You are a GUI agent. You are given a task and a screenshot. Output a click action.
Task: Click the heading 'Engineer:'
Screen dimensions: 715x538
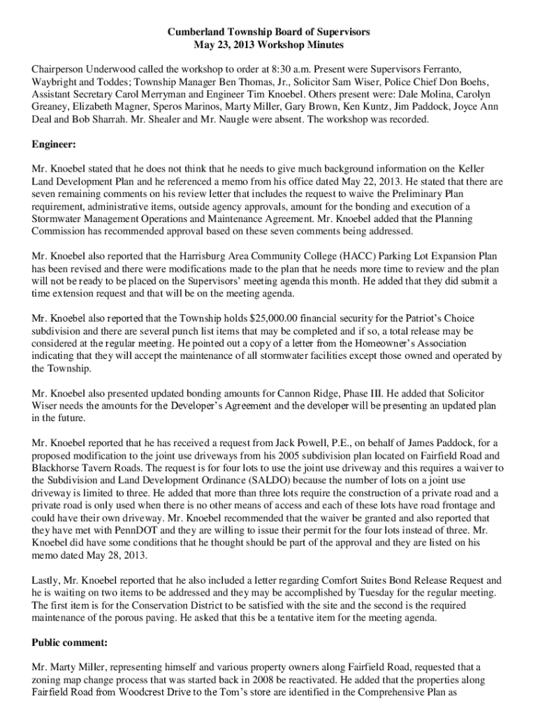[x=54, y=145]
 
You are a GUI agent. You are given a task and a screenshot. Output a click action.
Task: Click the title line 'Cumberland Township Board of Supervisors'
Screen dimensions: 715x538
[x=268, y=32]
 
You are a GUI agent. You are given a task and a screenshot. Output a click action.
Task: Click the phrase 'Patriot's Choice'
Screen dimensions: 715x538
[x=440, y=318]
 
